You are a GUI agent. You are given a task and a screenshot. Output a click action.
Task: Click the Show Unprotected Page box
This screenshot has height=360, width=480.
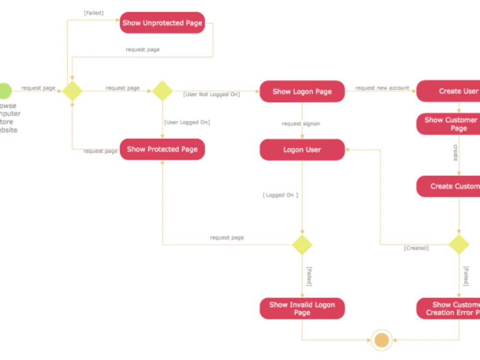pos(162,23)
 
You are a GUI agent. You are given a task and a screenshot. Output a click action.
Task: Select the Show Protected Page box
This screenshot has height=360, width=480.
pos(162,149)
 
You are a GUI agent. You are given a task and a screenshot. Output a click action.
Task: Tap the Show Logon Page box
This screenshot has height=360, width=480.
pos(302,91)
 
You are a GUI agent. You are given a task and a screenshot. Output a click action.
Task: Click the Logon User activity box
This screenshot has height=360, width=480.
pos(302,150)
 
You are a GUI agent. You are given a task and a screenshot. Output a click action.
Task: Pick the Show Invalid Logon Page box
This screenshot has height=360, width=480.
pos(302,309)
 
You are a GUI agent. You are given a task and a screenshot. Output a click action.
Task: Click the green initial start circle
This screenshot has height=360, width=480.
pos(4,91)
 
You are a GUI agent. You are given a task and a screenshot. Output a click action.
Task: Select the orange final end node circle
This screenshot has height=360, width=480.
pos(382,340)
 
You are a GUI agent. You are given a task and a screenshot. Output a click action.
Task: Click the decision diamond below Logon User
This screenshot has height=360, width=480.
pos(302,245)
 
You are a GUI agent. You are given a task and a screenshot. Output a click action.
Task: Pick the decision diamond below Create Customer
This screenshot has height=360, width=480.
pos(459,245)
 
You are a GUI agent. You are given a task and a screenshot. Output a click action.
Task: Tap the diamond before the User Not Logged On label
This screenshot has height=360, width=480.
pos(162,91)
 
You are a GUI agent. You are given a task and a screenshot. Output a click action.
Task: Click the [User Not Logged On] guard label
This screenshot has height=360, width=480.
pos(211,95)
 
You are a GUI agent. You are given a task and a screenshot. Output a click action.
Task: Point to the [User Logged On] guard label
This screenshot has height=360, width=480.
pos(187,122)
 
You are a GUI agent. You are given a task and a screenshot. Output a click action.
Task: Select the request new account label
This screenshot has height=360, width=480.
pos(382,88)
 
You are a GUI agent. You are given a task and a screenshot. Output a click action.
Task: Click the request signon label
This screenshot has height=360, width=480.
pos(301,124)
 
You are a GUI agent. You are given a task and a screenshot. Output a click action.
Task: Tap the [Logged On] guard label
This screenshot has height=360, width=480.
pos(280,195)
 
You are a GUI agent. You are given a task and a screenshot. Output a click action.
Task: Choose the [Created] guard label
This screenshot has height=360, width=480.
pos(416,248)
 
